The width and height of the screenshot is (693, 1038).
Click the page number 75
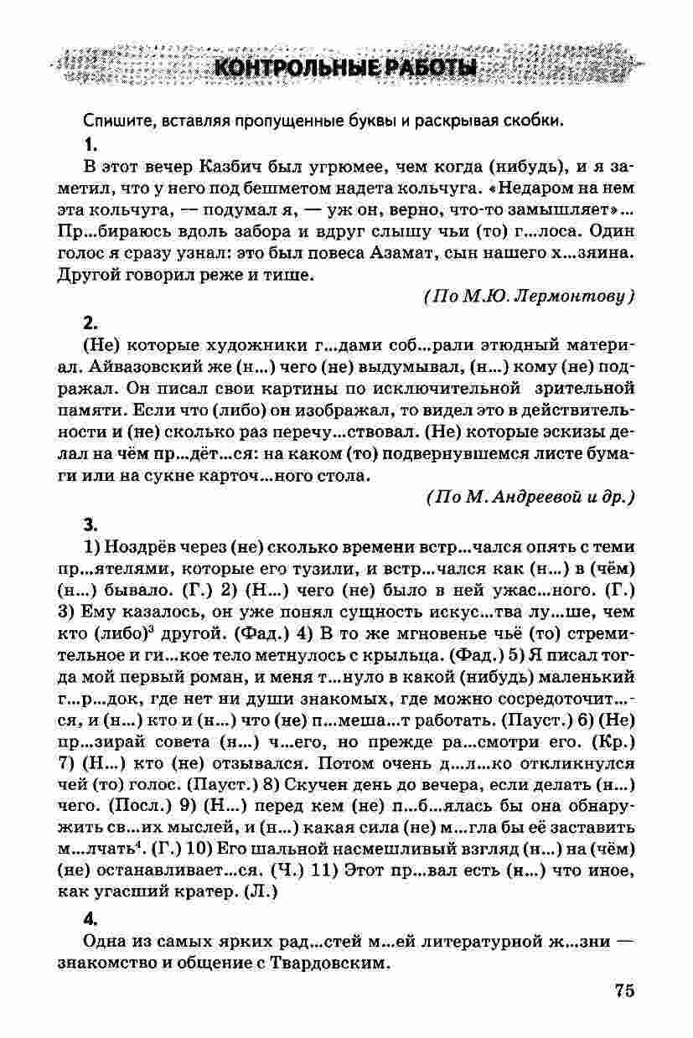coord(623,990)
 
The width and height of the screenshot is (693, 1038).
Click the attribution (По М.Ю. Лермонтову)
coord(528,296)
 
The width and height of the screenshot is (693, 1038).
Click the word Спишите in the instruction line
coord(115,120)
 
